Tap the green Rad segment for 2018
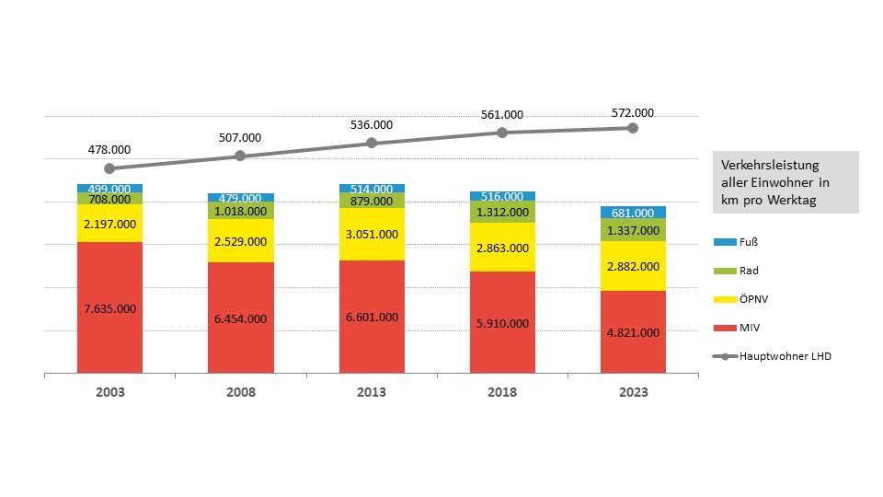point(502,213)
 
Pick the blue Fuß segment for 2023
point(633,213)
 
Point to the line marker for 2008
point(240,156)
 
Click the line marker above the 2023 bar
point(633,128)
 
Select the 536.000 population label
point(372,125)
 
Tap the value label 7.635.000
point(109,308)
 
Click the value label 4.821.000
point(633,333)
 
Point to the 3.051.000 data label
point(372,234)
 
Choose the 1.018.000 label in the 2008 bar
point(240,211)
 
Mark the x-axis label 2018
point(502,392)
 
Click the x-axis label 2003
point(109,392)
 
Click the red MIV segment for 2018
point(502,322)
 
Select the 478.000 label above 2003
point(109,149)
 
